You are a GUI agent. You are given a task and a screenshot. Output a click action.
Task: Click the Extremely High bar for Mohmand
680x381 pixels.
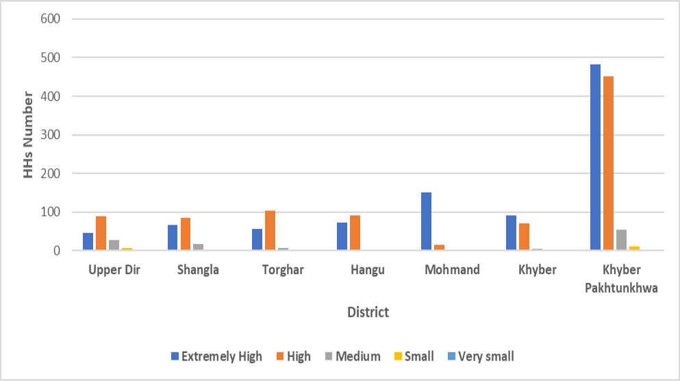click(x=427, y=221)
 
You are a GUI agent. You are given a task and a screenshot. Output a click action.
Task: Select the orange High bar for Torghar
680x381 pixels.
click(x=270, y=230)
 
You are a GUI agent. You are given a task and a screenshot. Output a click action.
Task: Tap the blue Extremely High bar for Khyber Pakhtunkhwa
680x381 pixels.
click(x=596, y=157)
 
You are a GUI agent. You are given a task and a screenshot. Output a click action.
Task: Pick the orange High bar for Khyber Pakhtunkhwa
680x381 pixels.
click(x=609, y=163)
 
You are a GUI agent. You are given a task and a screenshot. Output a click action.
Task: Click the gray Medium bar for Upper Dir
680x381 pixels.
click(x=114, y=245)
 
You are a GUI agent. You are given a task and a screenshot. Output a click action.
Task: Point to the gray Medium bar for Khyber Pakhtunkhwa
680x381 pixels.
click(x=622, y=240)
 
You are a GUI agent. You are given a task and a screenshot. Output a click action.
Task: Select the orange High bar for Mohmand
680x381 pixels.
click(x=440, y=247)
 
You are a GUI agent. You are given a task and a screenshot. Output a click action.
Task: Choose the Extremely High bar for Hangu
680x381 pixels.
click(x=342, y=236)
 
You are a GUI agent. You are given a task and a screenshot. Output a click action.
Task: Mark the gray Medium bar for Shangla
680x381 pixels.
click(x=198, y=247)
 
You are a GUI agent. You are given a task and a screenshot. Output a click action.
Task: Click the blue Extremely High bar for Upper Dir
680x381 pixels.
click(x=88, y=241)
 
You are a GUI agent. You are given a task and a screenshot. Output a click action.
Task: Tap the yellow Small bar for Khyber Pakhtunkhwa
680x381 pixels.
click(x=635, y=248)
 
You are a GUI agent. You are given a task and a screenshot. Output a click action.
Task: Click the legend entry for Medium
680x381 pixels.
click(x=353, y=356)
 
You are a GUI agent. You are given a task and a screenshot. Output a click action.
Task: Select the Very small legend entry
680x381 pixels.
click(x=481, y=356)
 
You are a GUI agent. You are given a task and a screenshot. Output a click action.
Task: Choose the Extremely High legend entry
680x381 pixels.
click(x=217, y=356)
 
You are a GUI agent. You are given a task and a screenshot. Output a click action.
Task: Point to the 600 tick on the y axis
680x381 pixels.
click(x=50, y=19)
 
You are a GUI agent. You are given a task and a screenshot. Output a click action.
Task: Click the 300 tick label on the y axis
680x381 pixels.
click(x=50, y=134)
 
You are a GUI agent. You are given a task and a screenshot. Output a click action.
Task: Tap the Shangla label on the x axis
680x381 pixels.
click(x=198, y=269)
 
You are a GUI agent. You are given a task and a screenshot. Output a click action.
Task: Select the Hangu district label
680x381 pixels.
click(x=368, y=269)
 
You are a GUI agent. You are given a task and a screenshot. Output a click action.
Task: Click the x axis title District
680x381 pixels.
click(x=368, y=312)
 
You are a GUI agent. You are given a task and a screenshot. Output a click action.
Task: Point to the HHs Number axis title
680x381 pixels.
click(x=28, y=134)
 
